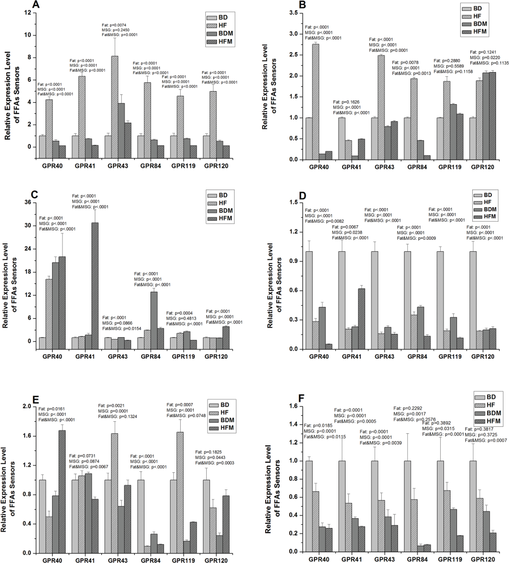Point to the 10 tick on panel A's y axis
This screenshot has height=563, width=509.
click(x=28, y=36)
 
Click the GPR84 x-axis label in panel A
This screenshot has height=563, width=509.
click(x=151, y=166)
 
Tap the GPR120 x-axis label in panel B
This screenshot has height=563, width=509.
click(x=483, y=167)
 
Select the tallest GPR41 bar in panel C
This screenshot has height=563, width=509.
click(x=95, y=282)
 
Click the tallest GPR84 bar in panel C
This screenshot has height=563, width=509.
click(x=154, y=317)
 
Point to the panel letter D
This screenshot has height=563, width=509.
click(x=302, y=196)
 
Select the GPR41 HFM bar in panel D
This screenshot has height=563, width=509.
click(x=362, y=319)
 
